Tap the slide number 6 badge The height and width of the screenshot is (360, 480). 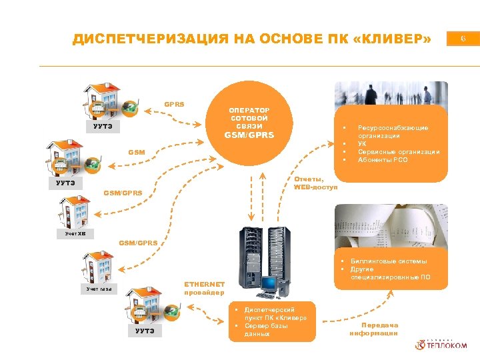click(463, 39)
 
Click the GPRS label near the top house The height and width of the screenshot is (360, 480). click(174, 104)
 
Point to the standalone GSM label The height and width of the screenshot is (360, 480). click(137, 153)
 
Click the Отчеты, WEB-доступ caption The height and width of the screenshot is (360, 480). click(315, 183)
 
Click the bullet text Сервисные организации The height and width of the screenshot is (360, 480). click(399, 152)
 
